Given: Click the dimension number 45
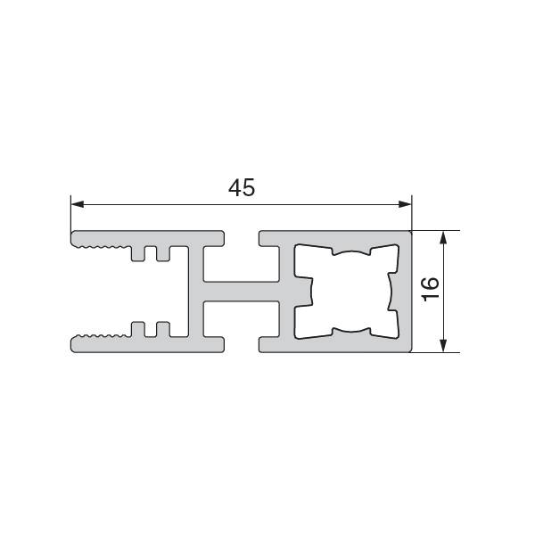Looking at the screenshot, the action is pyautogui.click(x=242, y=187).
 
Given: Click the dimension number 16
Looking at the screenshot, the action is pyautogui.click(x=431, y=289).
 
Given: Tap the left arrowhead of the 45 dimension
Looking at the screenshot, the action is pyautogui.click(x=78, y=204).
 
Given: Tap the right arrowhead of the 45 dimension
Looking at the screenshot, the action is pyautogui.click(x=405, y=204).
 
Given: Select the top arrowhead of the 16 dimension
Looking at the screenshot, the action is pyautogui.click(x=443, y=237).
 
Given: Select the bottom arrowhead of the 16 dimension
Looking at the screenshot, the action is pyautogui.click(x=443, y=345).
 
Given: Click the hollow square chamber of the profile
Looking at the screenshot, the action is pyautogui.click(x=346, y=292).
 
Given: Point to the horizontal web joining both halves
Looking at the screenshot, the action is pyautogui.click(x=242, y=292).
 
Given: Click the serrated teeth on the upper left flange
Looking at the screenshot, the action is pyautogui.click(x=103, y=247).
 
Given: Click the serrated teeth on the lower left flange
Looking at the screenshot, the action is pyautogui.click(x=103, y=336).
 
